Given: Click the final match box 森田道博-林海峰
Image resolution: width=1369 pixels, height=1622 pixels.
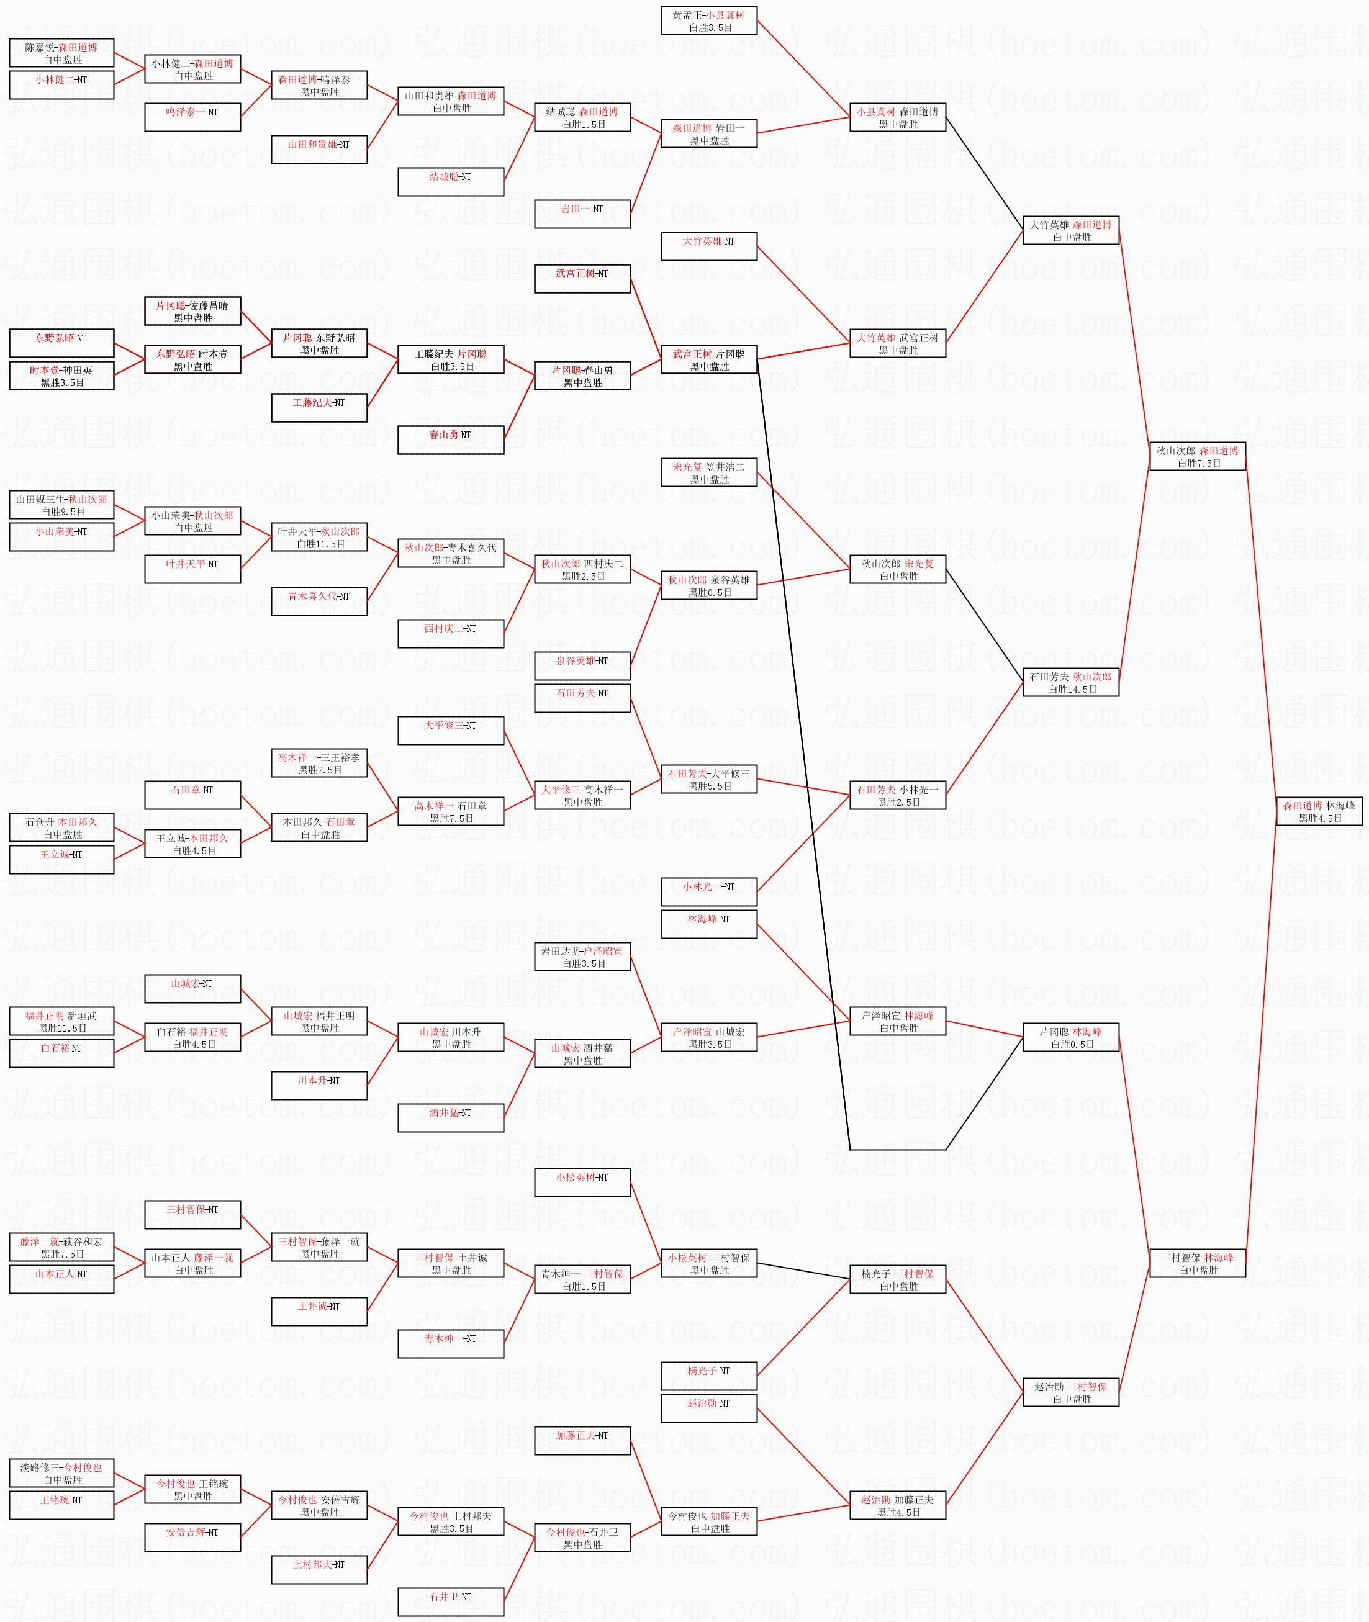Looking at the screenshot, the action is point(1319,812).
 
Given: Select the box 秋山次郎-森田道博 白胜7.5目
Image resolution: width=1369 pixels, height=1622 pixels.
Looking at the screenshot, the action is point(1198,456).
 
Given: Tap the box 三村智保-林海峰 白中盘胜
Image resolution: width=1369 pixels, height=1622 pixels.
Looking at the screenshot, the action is point(1198,1263).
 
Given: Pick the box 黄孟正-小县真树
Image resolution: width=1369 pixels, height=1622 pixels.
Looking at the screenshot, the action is point(708,21).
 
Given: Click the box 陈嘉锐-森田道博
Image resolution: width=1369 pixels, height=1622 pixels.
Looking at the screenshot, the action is point(61,53).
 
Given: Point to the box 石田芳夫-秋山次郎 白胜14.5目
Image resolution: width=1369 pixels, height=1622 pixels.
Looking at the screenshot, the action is point(1070,683).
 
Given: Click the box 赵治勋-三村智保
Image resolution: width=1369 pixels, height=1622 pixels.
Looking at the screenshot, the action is point(1070,1393).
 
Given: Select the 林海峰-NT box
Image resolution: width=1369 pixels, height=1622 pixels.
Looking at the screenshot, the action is point(708,924).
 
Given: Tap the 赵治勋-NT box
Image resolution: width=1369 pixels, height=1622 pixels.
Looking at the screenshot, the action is point(708,1408).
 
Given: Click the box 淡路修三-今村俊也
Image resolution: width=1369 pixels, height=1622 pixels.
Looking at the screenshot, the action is point(61,1474).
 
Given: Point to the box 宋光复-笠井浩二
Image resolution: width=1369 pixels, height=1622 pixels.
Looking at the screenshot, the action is point(708,472).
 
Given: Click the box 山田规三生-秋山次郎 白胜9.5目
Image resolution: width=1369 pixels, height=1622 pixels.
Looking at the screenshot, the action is point(61,505).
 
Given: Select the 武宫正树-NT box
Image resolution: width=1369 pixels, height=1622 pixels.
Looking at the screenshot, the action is point(582,279).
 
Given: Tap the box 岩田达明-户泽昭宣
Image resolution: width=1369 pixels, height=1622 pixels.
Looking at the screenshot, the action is point(582,957).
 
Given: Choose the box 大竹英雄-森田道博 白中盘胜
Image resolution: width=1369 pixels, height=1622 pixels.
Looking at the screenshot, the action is point(1070,230).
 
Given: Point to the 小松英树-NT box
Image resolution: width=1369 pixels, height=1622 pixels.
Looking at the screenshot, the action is point(582,1183).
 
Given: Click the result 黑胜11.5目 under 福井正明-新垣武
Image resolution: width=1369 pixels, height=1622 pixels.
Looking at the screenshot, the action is point(62,1029).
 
